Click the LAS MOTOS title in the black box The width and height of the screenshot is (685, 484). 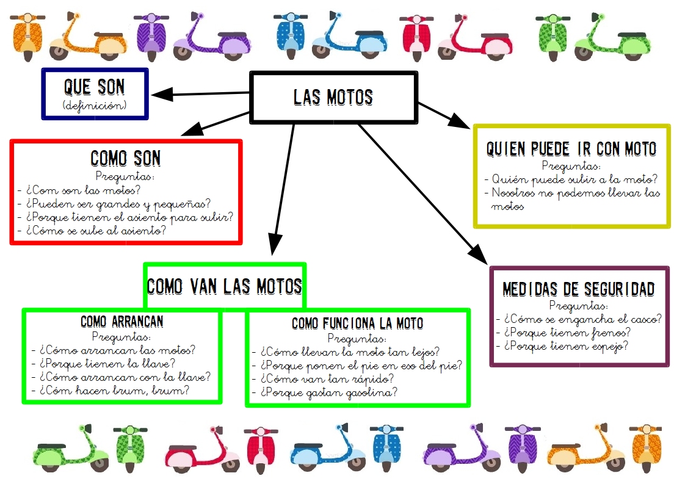333,98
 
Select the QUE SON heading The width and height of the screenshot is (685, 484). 95,87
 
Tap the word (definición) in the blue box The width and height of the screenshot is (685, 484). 95,106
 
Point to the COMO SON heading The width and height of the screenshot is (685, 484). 126,159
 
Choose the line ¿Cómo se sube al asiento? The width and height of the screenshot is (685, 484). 96,231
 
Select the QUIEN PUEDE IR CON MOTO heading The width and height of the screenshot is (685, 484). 571,149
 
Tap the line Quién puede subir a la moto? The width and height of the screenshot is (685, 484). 574,179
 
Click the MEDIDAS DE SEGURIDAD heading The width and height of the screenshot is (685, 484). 578,289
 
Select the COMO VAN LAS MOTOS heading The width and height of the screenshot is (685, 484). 225,286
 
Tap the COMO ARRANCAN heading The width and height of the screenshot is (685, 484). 122,322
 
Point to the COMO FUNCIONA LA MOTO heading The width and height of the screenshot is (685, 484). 357,323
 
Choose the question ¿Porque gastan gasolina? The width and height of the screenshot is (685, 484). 328,392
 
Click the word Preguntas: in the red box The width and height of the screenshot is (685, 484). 126,177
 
